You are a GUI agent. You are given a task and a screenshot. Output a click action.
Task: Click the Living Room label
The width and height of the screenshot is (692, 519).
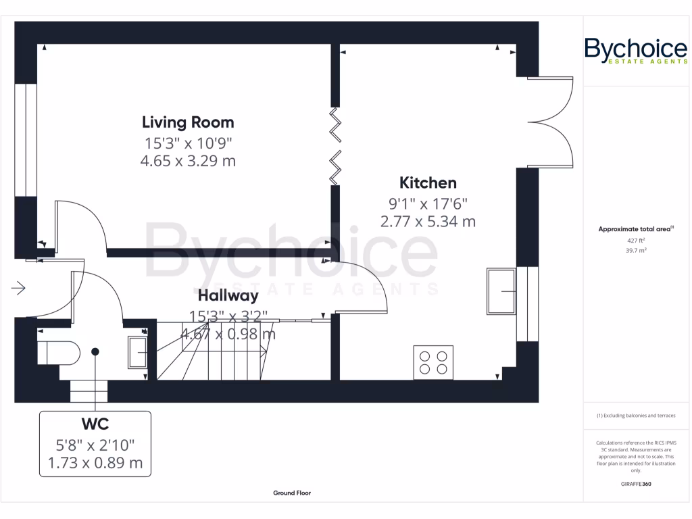click(x=188, y=122)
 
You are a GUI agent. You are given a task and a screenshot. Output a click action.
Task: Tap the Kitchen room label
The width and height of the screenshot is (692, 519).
click(x=428, y=182)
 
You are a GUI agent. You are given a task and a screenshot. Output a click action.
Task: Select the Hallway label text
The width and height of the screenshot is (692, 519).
click(x=228, y=295)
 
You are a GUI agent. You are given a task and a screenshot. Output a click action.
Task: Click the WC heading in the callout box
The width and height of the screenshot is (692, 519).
click(x=95, y=424)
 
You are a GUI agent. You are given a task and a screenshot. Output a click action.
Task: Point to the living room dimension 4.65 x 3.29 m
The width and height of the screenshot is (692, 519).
click(x=188, y=161)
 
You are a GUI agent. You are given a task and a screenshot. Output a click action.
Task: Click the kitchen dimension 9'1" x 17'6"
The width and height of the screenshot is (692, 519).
click(x=428, y=203)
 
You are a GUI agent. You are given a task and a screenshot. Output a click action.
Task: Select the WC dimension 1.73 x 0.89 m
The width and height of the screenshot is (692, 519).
click(x=95, y=463)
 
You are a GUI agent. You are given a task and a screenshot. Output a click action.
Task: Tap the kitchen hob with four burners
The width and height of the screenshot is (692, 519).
click(x=433, y=362)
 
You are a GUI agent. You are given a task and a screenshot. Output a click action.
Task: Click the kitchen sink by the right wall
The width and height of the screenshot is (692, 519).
click(x=501, y=291)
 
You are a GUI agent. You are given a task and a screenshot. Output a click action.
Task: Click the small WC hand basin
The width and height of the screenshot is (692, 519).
click(x=138, y=351)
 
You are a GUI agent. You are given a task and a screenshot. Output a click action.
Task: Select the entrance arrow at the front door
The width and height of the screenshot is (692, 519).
click(x=18, y=289)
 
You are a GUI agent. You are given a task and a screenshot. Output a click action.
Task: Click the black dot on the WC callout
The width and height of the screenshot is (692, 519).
click(x=95, y=351)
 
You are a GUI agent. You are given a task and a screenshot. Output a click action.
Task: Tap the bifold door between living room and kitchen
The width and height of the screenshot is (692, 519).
click(x=335, y=147)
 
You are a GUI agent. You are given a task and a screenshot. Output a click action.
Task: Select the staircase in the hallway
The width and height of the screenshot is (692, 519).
click(x=213, y=355)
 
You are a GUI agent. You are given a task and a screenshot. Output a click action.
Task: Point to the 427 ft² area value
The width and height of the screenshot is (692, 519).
click(x=635, y=240)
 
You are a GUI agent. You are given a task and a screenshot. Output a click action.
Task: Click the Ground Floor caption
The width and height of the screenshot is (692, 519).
click(x=292, y=493)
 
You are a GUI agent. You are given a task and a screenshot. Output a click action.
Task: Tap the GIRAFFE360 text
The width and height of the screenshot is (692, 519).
click(x=635, y=484)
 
